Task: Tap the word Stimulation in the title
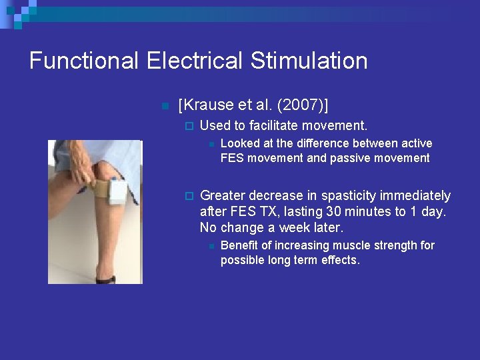pyautogui.click(x=309, y=61)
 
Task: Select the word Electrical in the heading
pyautogui.click(x=196, y=61)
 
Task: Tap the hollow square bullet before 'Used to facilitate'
pyautogui.click(x=188, y=126)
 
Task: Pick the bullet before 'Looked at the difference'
pyautogui.click(x=209, y=144)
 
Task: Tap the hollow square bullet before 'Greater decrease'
pyautogui.click(x=188, y=196)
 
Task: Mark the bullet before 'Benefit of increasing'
pyautogui.click(x=209, y=246)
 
